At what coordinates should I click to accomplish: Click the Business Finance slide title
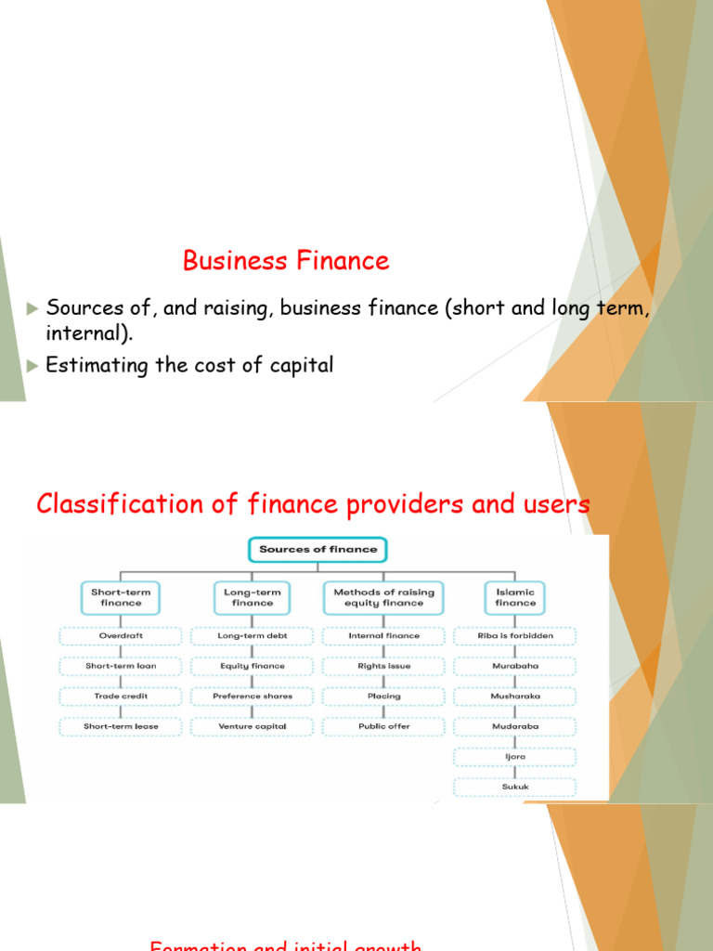[x=286, y=261]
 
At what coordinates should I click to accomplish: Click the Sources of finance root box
[x=318, y=550]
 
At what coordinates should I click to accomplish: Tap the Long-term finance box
[x=253, y=597]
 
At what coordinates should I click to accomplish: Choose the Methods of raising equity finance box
[x=383, y=597]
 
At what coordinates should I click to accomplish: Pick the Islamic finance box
[x=515, y=597]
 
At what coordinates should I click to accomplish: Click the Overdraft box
[x=122, y=636]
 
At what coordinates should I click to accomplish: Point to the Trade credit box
[x=122, y=696]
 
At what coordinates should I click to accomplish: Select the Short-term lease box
[x=122, y=726]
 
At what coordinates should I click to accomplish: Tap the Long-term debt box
[x=253, y=636]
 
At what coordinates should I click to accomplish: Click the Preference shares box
[x=253, y=696]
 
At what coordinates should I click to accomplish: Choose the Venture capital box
[x=253, y=726]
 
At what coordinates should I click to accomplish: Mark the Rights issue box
[x=383, y=666]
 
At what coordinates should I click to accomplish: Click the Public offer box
[x=383, y=726]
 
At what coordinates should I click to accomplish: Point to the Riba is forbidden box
[x=515, y=636]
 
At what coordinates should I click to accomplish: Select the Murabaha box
[x=515, y=666]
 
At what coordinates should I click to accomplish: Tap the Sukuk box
[x=515, y=787]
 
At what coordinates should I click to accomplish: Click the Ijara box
[x=515, y=756]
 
